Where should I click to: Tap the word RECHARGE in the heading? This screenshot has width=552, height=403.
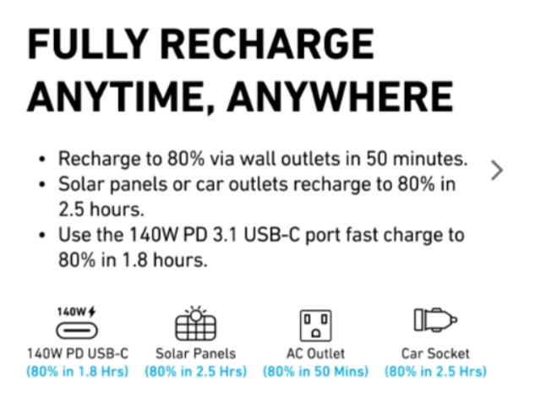(x=268, y=44)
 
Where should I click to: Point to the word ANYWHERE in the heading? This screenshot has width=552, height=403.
(x=340, y=95)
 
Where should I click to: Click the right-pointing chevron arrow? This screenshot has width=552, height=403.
(x=497, y=171)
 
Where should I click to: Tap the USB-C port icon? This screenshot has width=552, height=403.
(x=77, y=331)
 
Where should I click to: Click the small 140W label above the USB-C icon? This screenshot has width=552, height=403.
(x=76, y=312)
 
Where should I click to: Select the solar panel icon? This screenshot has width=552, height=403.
(x=196, y=323)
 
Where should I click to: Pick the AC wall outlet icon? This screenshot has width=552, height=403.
(x=316, y=325)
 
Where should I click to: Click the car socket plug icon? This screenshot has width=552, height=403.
(x=435, y=319)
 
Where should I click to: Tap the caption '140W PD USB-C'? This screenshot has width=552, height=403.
(x=78, y=353)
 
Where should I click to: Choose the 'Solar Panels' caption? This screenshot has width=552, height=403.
(x=196, y=353)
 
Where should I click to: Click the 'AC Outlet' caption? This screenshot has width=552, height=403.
(x=316, y=353)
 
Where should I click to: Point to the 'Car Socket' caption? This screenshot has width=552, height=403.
(x=435, y=353)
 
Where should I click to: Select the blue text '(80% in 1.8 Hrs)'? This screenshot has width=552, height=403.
(x=78, y=372)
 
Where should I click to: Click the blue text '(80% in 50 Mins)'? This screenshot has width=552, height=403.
(x=316, y=372)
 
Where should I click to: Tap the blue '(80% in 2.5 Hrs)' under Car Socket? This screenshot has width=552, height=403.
(x=435, y=372)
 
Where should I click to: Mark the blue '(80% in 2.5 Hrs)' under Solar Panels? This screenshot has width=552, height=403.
(x=196, y=372)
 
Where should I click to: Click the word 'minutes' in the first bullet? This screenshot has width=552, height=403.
(x=429, y=159)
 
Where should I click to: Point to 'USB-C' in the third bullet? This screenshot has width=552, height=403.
(x=272, y=235)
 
